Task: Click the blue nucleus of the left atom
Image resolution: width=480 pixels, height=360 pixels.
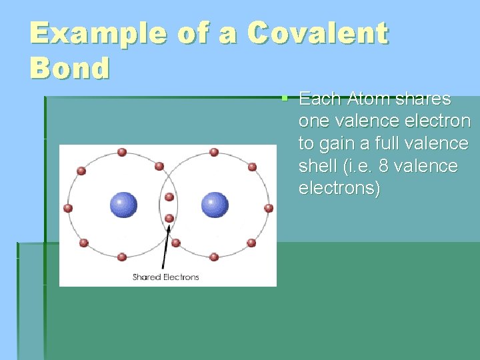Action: [123, 205]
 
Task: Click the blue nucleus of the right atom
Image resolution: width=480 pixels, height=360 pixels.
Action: [215, 205]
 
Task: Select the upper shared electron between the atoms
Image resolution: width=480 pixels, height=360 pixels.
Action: [169, 197]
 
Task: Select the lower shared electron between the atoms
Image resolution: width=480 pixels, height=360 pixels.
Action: [169, 218]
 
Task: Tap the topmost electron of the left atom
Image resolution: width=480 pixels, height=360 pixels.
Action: [122, 152]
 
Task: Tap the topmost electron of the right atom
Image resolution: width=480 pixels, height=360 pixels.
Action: [214, 152]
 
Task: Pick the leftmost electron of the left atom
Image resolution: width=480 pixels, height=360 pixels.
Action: [68, 208]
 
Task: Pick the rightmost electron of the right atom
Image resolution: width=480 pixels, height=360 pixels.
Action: [269, 208]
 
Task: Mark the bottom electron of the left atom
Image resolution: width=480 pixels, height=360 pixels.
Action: [122, 257]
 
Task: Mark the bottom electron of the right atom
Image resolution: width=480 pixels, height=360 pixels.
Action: [214, 257]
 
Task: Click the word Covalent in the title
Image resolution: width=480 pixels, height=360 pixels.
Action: [317, 34]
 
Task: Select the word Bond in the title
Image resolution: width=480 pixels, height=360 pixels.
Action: [69, 68]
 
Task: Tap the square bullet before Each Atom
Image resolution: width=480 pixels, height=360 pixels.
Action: [284, 98]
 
